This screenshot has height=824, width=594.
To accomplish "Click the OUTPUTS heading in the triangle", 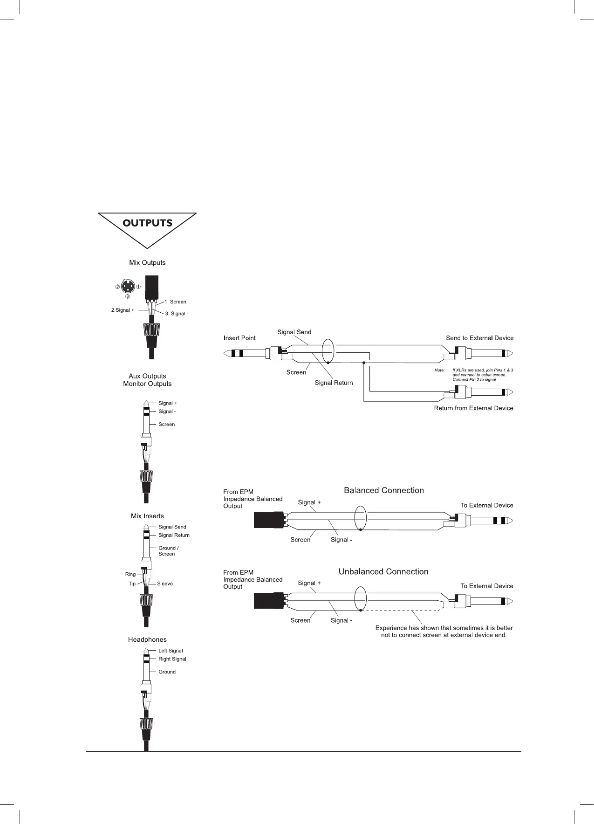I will pyautogui.click(x=147, y=223).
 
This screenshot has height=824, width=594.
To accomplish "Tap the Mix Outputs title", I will pyautogui.click(x=147, y=263).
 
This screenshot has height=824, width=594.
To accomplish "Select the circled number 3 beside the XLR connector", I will pyautogui.click(x=127, y=296).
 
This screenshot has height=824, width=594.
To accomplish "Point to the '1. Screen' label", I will pyautogui.click(x=175, y=302).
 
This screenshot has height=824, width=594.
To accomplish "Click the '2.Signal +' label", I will pyautogui.click(x=123, y=310).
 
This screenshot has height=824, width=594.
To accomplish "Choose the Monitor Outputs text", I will pyautogui.click(x=147, y=384).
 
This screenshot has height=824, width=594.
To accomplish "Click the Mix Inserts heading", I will pyautogui.click(x=147, y=516).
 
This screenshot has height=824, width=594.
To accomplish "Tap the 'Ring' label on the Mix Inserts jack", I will pyautogui.click(x=130, y=575).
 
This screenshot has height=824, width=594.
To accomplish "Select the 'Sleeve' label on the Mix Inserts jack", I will pyautogui.click(x=165, y=584).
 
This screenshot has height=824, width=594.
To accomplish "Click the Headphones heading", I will pyautogui.click(x=147, y=640).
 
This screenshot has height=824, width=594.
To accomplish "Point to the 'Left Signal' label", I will pyautogui.click(x=171, y=651).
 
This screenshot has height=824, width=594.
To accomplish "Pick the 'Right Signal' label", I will pyautogui.click(x=172, y=659).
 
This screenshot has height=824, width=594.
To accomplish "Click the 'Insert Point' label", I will pyautogui.click(x=239, y=338).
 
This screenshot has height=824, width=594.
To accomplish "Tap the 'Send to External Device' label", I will pyautogui.click(x=479, y=338).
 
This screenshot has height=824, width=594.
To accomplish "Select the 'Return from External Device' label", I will pyautogui.click(x=473, y=408).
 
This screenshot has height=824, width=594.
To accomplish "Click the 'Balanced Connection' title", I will pyautogui.click(x=384, y=490).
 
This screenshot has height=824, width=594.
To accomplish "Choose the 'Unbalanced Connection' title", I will pyautogui.click(x=383, y=572).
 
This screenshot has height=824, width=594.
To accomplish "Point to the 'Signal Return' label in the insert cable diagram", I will pyautogui.click(x=334, y=383).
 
